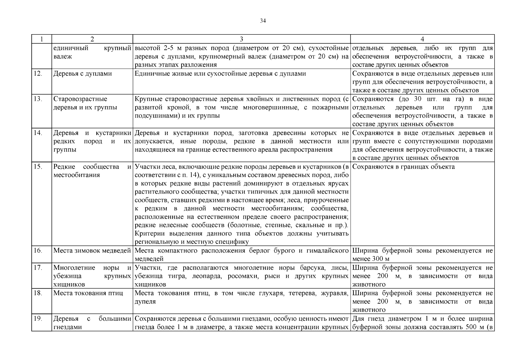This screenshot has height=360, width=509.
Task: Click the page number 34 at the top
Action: click(x=263, y=21)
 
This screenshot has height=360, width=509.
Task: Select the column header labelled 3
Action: click(x=241, y=39)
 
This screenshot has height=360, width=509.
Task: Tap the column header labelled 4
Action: click(x=422, y=39)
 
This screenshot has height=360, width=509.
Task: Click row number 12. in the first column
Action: click(x=37, y=73)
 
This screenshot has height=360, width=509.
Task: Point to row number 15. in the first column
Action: click(x=37, y=166)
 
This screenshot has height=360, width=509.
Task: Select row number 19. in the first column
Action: click(x=37, y=319)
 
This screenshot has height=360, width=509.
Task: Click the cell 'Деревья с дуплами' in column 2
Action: click(x=82, y=73)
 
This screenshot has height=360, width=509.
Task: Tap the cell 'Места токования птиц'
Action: click(x=88, y=293)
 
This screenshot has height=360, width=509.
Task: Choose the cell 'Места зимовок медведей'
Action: click(x=92, y=250)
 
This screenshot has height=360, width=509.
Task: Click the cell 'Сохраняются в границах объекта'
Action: click(x=403, y=166)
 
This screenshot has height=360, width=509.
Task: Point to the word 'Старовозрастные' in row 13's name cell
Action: click(x=80, y=99)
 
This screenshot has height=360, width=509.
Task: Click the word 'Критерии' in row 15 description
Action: click(x=147, y=233)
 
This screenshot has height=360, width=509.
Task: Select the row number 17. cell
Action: click(x=37, y=268)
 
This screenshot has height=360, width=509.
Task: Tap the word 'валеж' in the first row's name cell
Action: click(x=62, y=56)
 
